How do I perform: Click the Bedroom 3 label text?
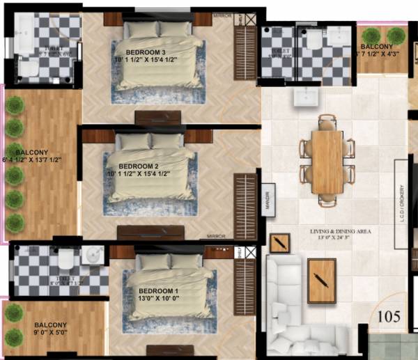click(146, 53)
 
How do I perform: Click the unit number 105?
click(389, 317)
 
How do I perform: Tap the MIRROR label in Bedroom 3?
click(224, 13)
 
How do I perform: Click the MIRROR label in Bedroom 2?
click(217, 236)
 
